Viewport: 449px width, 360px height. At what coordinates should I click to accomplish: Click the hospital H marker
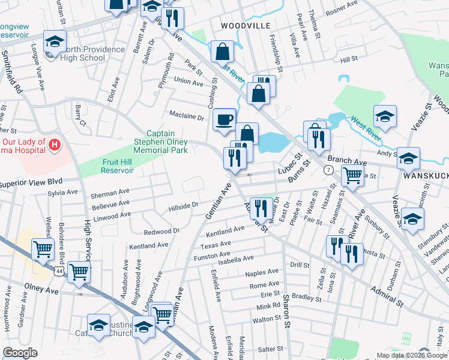[x=55, y=145]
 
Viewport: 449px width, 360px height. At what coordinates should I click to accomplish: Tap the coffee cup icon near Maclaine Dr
[x=224, y=119]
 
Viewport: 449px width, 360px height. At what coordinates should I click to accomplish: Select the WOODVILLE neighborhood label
[x=246, y=26]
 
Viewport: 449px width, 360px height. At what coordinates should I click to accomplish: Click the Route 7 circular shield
[x=328, y=170]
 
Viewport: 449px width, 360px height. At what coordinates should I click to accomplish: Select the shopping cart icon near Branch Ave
[x=352, y=175]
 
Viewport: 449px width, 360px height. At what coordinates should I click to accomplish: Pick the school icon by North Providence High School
[x=55, y=42]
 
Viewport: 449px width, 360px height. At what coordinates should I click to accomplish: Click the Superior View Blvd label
[x=30, y=181]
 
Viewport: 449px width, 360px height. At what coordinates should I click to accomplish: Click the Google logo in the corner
[x=20, y=353]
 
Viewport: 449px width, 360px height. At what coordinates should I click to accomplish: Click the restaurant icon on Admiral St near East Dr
[x=260, y=208]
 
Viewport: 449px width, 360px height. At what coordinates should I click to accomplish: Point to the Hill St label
[x=349, y=60]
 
